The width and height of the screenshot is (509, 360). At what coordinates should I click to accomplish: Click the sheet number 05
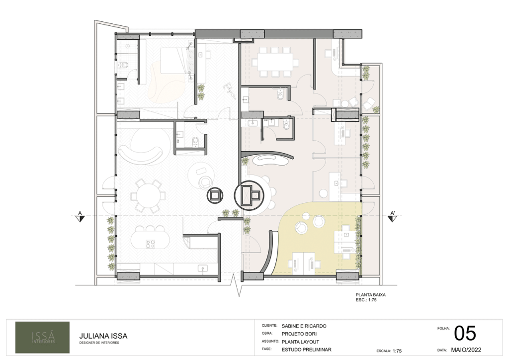[x=465, y=333]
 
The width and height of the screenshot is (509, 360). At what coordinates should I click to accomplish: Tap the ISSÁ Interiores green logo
[x=43, y=337]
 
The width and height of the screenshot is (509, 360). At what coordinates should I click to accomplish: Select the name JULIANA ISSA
[x=103, y=336]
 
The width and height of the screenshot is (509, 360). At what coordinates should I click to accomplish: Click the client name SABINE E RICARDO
[x=304, y=326]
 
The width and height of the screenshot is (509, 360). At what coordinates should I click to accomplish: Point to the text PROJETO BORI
[x=299, y=334]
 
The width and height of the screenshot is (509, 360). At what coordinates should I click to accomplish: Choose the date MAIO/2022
[x=466, y=350]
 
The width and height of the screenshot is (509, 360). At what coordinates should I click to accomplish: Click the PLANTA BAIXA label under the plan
[x=370, y=295]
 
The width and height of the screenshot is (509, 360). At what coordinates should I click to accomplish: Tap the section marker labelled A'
[x=393, y=217]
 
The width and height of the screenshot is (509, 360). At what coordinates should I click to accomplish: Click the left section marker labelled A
[x=80, y=217]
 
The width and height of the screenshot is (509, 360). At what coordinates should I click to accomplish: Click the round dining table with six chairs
[x=148, y=196]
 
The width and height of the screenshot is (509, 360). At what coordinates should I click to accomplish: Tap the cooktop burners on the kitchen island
[x=150, y=244]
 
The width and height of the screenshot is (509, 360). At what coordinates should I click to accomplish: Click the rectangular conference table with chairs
[x=275, y=62]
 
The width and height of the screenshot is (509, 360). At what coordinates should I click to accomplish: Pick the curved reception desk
[x=269, y=159]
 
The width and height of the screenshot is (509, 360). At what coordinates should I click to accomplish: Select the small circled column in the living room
[x=215, y=195]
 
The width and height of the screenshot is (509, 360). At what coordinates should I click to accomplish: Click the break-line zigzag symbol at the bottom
[x=239, y=285]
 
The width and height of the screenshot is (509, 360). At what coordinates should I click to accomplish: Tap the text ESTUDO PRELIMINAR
[x=306, y=350]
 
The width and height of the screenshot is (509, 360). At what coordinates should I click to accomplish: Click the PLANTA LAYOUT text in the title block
[x=300, y=342]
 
